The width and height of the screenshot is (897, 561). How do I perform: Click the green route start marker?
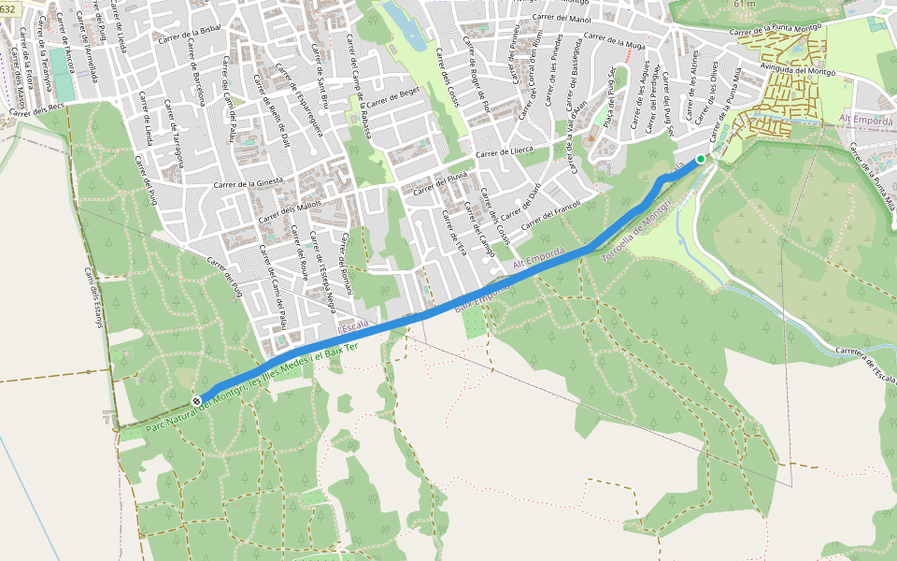point(701,159)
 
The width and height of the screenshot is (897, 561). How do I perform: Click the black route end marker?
point(196,401)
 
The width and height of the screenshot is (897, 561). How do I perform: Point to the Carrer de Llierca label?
point(504,151)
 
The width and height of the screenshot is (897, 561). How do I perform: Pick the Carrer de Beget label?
point(395,98)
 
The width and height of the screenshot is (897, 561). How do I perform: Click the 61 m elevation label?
point(745,5)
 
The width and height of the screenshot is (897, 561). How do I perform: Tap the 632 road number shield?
point(7,8)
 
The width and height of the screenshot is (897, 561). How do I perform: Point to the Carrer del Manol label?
point(561,19)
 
